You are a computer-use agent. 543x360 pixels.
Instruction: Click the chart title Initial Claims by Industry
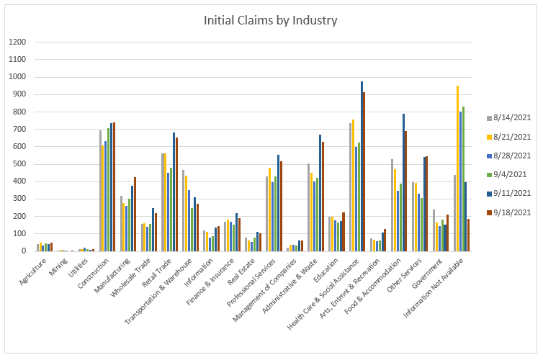pos(271,20)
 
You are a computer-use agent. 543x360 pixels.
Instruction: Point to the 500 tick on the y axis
pos(18,164)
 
